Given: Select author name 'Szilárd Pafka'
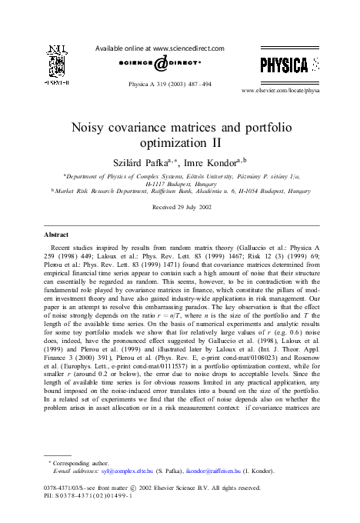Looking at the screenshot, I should pos(140,163).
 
